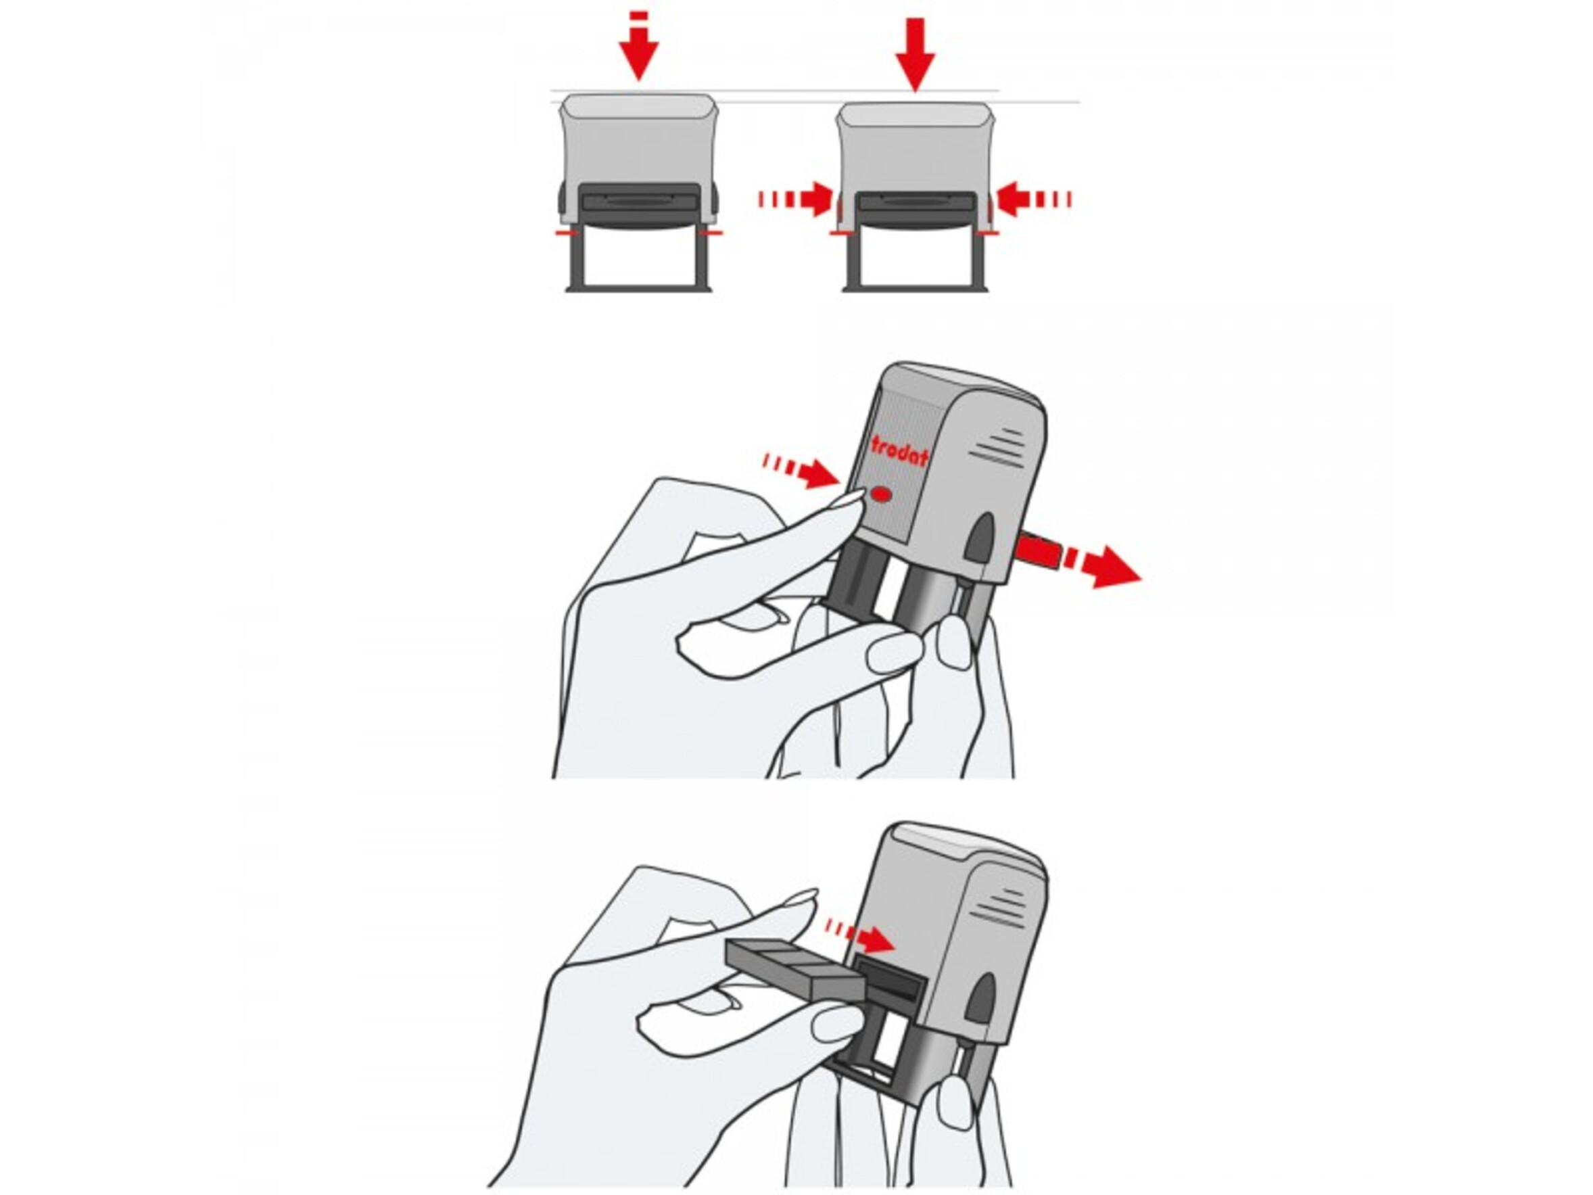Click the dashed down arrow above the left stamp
tap(638, 45)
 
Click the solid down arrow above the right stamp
tap(915, 55)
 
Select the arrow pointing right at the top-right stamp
tap(796, 199)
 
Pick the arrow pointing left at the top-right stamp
tap(1033, 199)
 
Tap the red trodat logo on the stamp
tap(899, 452)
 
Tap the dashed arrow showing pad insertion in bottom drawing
tap(859, 934)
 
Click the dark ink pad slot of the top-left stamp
tap(640, 206)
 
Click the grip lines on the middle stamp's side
tap(997, 448)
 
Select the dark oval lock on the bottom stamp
tap(980, 999)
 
